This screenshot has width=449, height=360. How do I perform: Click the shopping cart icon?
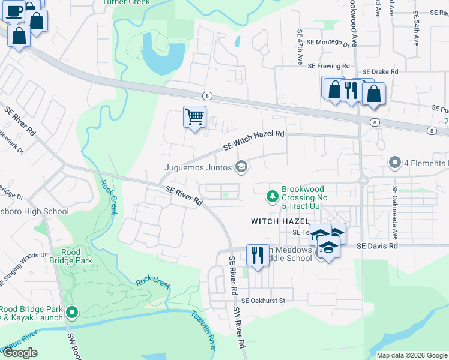[x=194, y=116]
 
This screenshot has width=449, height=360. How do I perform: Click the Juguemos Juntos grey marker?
[x=241, y=167]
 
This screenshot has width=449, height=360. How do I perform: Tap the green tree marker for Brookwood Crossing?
[x=272, y=196]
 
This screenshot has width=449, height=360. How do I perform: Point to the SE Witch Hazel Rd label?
[x=253, y=142]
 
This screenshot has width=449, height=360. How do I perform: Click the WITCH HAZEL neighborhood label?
[x=279, y=221]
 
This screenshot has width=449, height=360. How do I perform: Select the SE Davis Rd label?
[x=377, y=246]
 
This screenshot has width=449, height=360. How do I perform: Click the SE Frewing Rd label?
[x=328, y=65]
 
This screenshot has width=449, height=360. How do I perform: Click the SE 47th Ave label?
[x=299, y=47]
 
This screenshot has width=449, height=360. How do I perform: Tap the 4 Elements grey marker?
[x=395, y=163]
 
